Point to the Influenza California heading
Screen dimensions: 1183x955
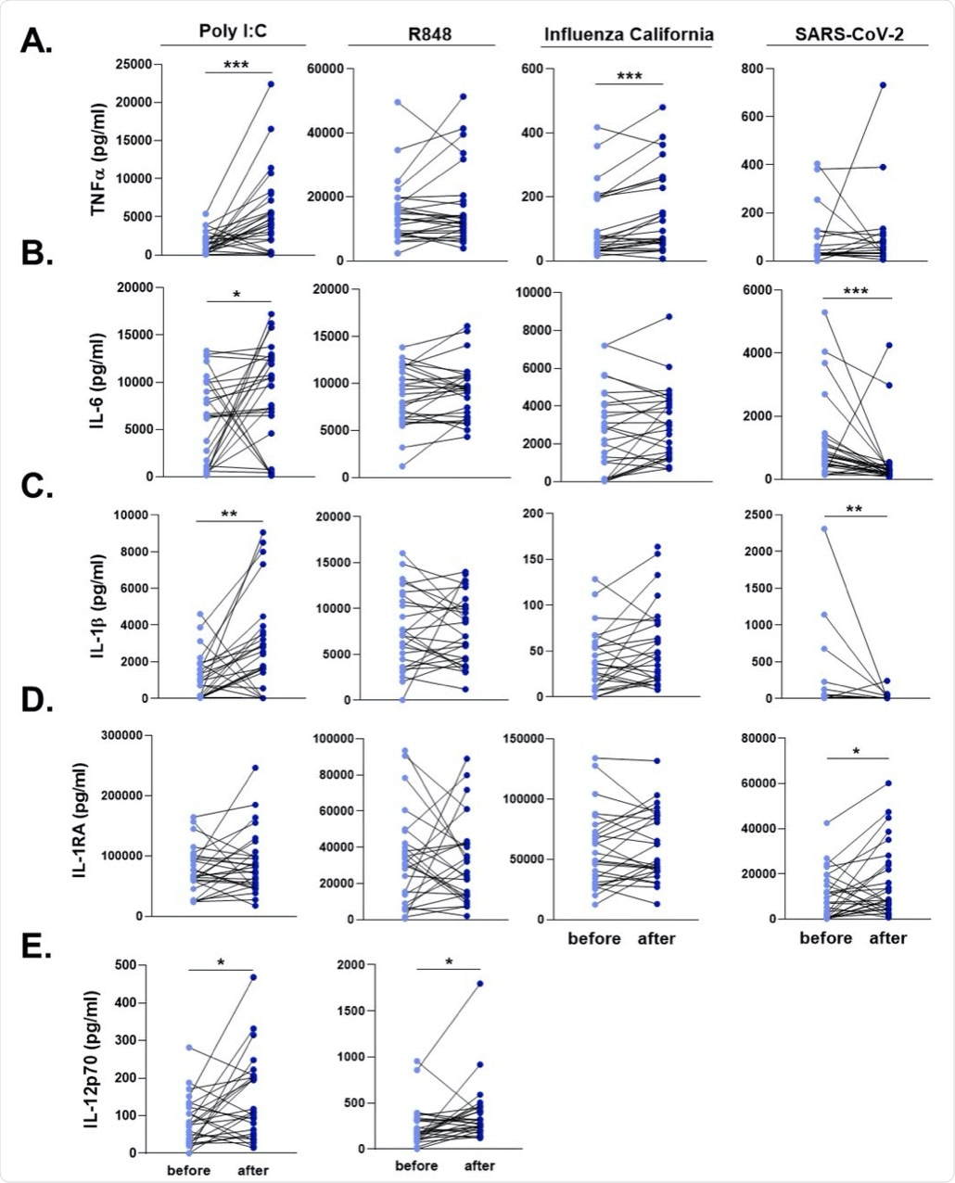click(x=615, y=35)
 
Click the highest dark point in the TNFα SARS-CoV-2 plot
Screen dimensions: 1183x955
click(x=883, y=85)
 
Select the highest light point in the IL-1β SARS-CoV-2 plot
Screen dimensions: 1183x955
click(x=823, y=529)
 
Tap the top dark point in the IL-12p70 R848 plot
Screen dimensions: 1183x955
click(x=480, y=984)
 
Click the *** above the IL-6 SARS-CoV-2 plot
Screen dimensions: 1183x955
click(x=856, y=290)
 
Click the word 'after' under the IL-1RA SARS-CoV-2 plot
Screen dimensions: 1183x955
click(x=887, y=938)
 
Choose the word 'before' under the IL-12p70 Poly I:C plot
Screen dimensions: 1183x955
click(x=190, y=1170)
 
